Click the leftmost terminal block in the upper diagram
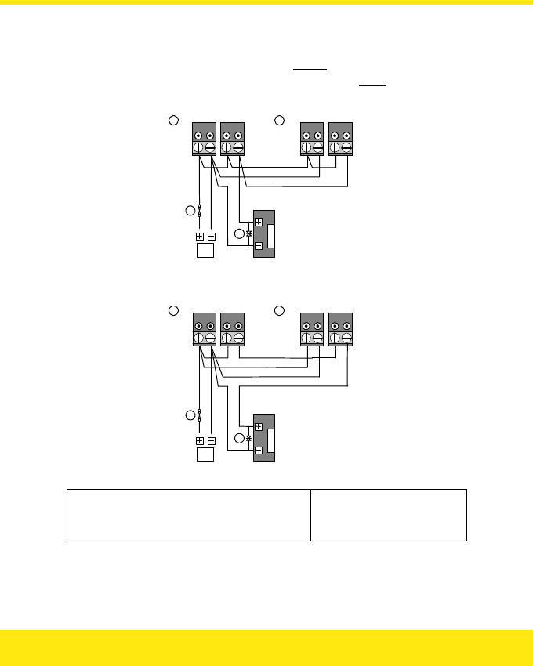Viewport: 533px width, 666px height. pos(204,139)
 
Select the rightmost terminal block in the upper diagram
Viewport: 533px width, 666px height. pos(340,139)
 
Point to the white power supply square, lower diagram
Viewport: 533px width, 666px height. pos(205,454)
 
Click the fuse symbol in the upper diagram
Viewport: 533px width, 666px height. pos(200,211)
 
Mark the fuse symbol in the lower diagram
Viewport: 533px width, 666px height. pos(200,414)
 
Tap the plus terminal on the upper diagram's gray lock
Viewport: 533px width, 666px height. pos(259,222)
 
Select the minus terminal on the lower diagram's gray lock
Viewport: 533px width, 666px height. pos(259,451)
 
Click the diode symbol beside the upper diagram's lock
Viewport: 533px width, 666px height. pos(248,234)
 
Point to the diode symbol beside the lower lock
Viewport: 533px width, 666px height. pos(248,439)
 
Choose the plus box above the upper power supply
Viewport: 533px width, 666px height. pos(199,237)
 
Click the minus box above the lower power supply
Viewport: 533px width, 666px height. pos(212,440)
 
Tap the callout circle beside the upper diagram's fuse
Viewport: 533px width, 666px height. pos(189,211)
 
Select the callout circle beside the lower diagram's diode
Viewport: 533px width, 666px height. pos(238,437)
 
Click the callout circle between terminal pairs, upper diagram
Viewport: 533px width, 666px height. pos(278,120)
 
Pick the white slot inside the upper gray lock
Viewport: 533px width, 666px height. pos(271,235)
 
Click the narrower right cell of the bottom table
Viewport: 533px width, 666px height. pos(388,515)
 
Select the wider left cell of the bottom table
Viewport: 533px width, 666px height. pos(188,515)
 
